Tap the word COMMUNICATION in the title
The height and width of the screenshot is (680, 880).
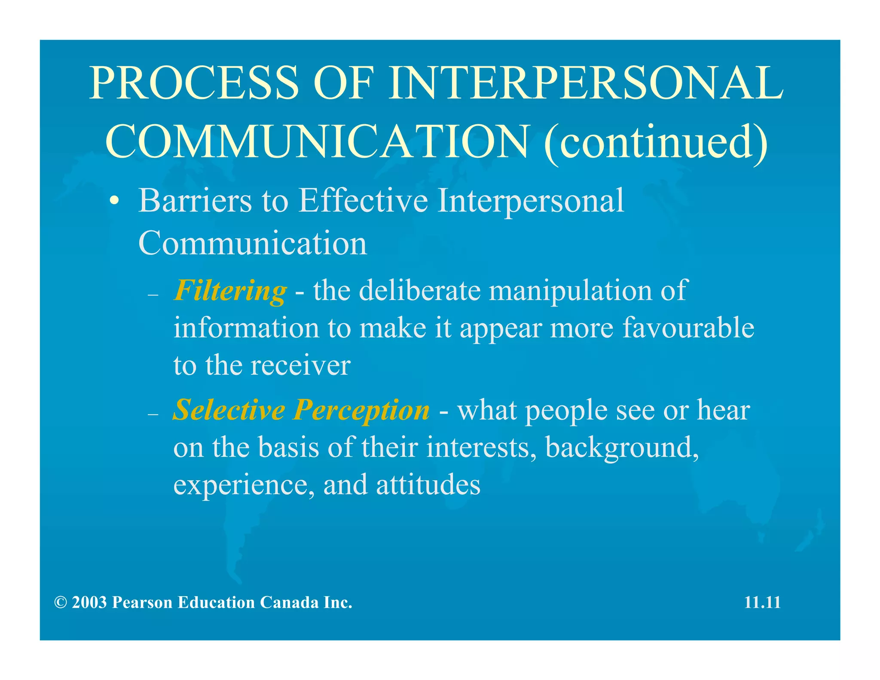[317, 141]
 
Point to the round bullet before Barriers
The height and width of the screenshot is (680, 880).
[114, 201]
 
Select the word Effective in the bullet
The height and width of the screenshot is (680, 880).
[364, 200]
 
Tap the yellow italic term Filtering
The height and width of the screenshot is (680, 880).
[230, 291]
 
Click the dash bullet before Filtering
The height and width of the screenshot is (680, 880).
[153, 295]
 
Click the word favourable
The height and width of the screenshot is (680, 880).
[688, 328]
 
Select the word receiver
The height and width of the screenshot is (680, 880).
[300, 366]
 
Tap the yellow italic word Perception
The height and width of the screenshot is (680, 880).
[361, 410]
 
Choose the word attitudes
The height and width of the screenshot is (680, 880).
[428, 485]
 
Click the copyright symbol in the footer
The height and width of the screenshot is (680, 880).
[61, 603]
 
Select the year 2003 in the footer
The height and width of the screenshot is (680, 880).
[89, 603]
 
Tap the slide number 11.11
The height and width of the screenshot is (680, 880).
[762, 603]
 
